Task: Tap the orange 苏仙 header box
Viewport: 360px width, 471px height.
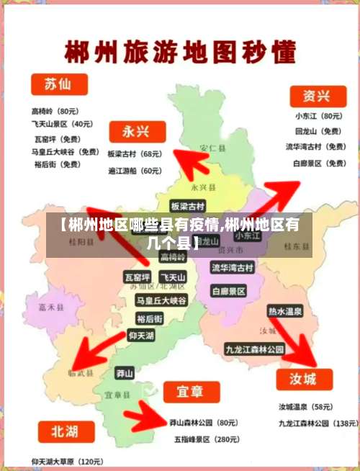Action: pos(58,84)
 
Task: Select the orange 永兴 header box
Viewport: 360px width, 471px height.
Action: pos(137,132)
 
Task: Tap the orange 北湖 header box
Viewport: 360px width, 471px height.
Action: pos(63,431)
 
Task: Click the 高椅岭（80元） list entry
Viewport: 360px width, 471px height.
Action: pos(55,112)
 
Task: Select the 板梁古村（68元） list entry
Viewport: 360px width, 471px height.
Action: pos(134,154)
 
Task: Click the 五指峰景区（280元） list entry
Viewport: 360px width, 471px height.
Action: pos(204,439)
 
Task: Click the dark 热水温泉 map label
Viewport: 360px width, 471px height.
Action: pos(284,312)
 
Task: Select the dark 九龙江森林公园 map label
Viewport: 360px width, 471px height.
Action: pos(254,349)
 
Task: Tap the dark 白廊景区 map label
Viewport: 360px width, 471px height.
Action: pos(229,291)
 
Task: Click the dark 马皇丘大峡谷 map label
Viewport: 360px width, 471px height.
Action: pos(161,300)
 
